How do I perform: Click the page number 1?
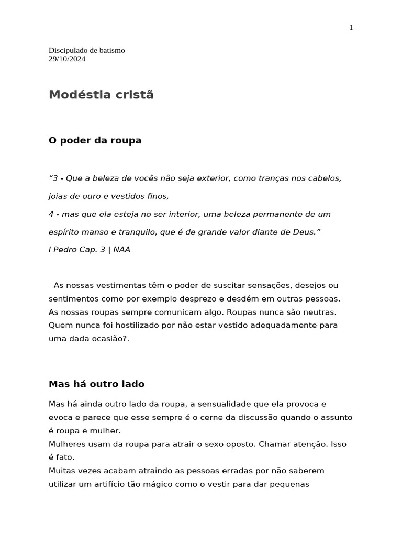[351, 28]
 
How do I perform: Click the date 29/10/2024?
[67, 59]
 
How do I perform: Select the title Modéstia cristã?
[101, 95]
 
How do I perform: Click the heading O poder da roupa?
[95, 140]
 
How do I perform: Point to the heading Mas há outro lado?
[96, 384]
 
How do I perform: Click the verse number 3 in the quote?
[54, 178]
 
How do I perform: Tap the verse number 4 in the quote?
[51, 214]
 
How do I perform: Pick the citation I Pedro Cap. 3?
[77, 250]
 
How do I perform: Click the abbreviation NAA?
[121, 250]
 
